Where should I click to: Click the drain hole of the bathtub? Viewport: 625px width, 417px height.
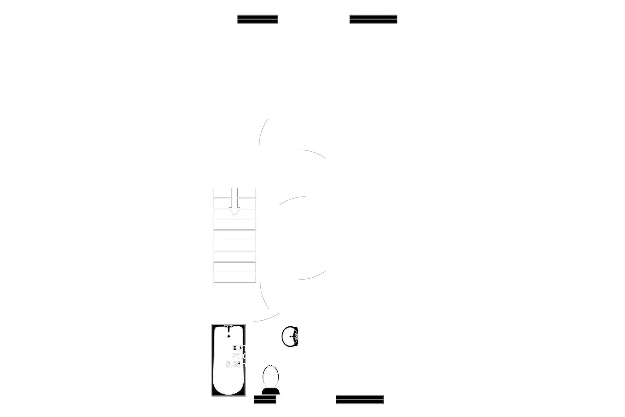pyautogui.click(x=229, y=336)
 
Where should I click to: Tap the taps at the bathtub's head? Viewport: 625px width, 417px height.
pyautogui.click(x=228, y=327)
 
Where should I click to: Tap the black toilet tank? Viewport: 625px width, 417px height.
pyautogui.click(x=270, y=391)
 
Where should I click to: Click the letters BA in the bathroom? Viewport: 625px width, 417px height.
pyautogui.click(x=237, y=348)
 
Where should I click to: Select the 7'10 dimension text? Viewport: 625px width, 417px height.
pyautogui.click(x=239, y=356)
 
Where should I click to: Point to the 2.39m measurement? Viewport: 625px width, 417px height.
pyautogui.click(x=235, y=364)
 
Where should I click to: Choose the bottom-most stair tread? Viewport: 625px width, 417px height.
pyautogui.click(x=234, y=278)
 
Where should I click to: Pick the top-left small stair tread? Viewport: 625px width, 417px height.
pyautogui.click(x=222, y=193)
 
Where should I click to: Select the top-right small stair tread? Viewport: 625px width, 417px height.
pyautogui.click(x=246, y=193)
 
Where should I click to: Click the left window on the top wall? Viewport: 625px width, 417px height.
pyautogui.click(x=257, y=19)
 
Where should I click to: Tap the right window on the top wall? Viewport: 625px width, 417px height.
pyautogui.click(x=373, y=19)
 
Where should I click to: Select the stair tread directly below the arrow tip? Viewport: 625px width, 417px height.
pyautogui.click(x=234, y=224)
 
